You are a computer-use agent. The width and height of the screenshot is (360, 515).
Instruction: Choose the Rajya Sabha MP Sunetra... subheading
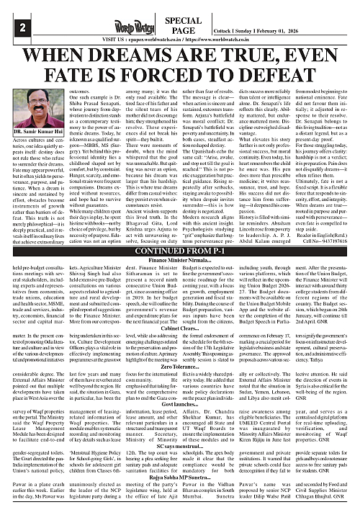pos(179,478)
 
